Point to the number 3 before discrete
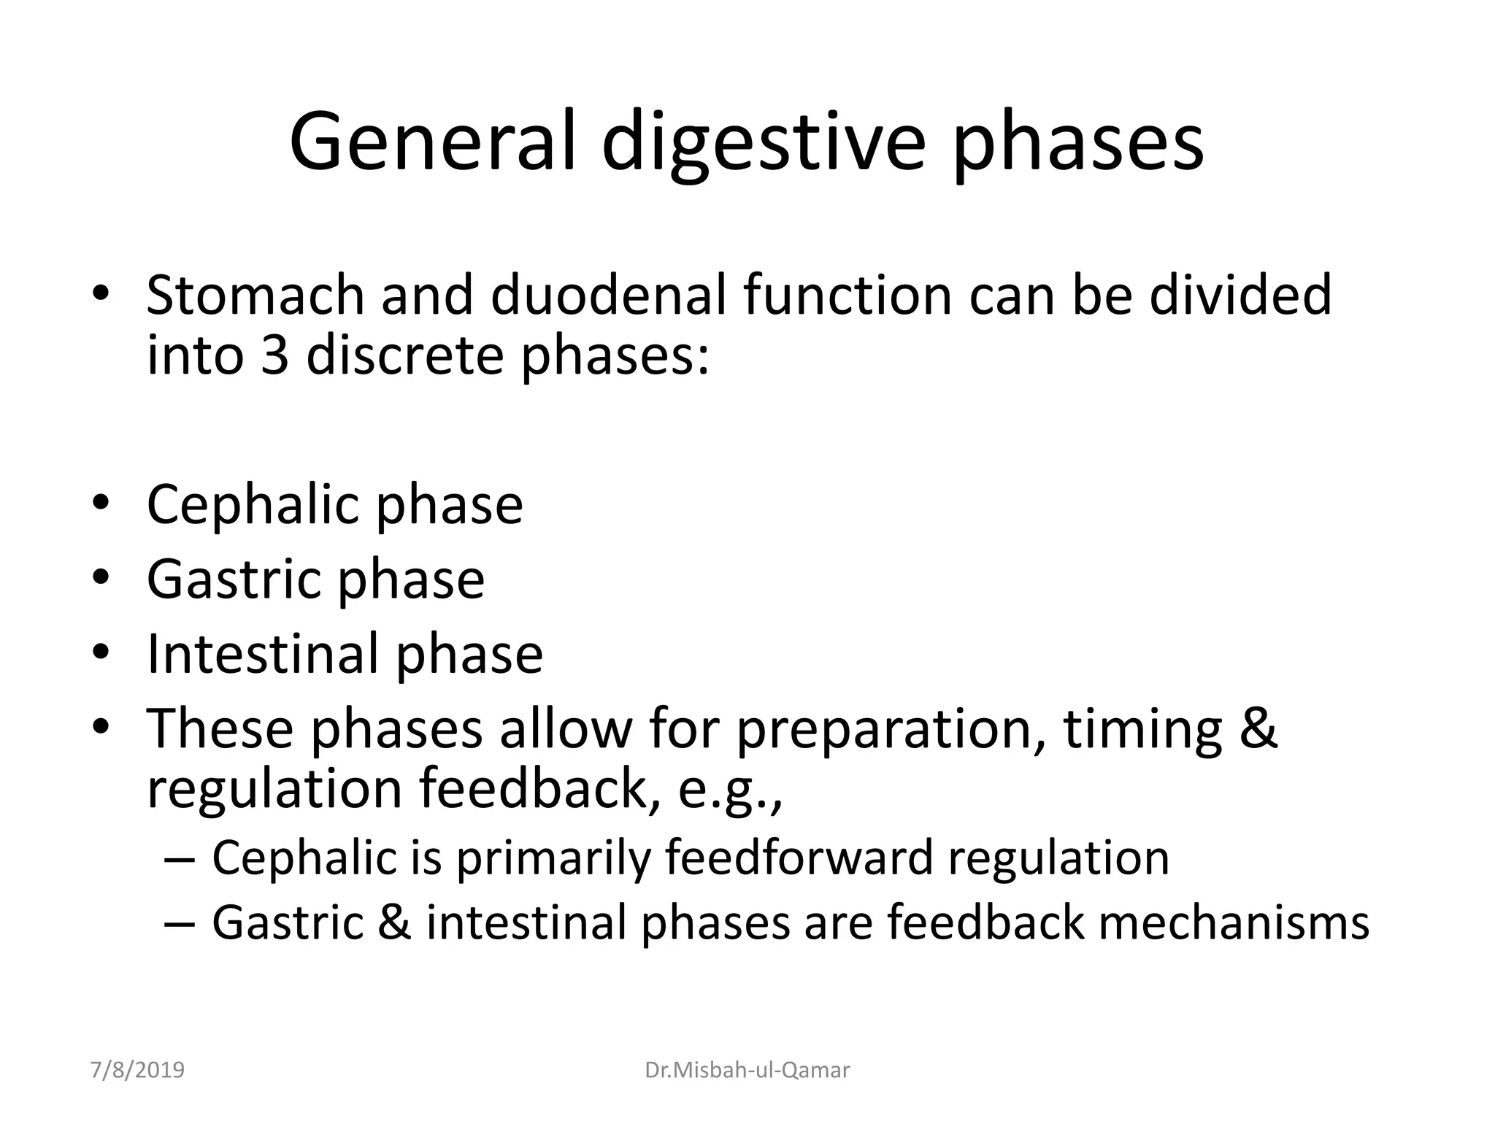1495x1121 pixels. tap(274, 355)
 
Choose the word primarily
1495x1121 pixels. tap(553, 857)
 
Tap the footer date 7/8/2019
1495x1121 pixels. tap(137, 1070)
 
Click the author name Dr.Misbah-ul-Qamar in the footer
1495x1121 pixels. tap(747, 1070)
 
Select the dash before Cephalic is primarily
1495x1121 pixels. tap(180, 858)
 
